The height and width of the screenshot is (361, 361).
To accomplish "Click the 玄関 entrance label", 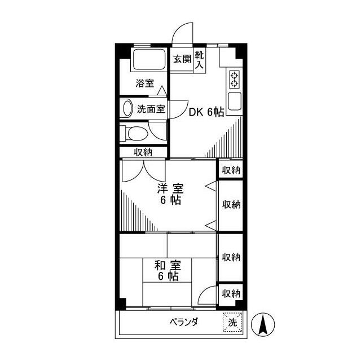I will point(182,59).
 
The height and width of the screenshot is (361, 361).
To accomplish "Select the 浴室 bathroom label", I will point(144,83).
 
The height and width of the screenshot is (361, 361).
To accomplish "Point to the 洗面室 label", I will point(151,109).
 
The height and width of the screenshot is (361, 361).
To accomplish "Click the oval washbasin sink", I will point(127,108).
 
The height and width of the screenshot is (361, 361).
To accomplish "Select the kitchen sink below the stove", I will point(234,100).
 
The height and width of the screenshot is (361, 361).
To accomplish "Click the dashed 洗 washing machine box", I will point(232,322).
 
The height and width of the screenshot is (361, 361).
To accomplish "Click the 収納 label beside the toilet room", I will point(143,151).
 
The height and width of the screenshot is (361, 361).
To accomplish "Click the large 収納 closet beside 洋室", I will point(231,204).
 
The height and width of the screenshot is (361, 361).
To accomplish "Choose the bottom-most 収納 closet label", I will point(231,293).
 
